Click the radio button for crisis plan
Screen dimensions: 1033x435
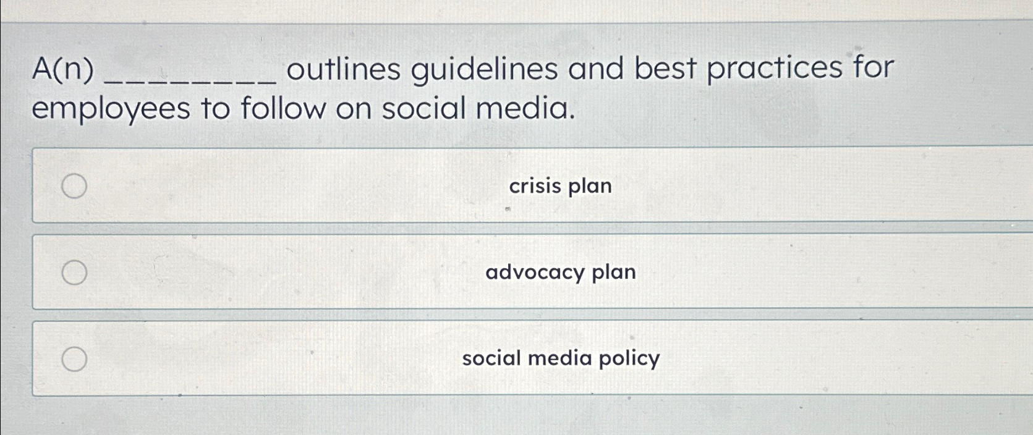(74, 186)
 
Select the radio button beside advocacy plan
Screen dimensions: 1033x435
(74, 272)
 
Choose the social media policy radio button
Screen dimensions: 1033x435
(74, 359)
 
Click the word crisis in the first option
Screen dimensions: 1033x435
(535, 186)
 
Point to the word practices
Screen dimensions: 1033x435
(775, 69)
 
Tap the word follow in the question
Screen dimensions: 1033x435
(283, 109)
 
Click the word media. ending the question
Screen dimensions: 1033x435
(525, 108)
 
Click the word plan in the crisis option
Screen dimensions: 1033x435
(590, 187)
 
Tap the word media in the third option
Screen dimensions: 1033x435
(560, 358)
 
